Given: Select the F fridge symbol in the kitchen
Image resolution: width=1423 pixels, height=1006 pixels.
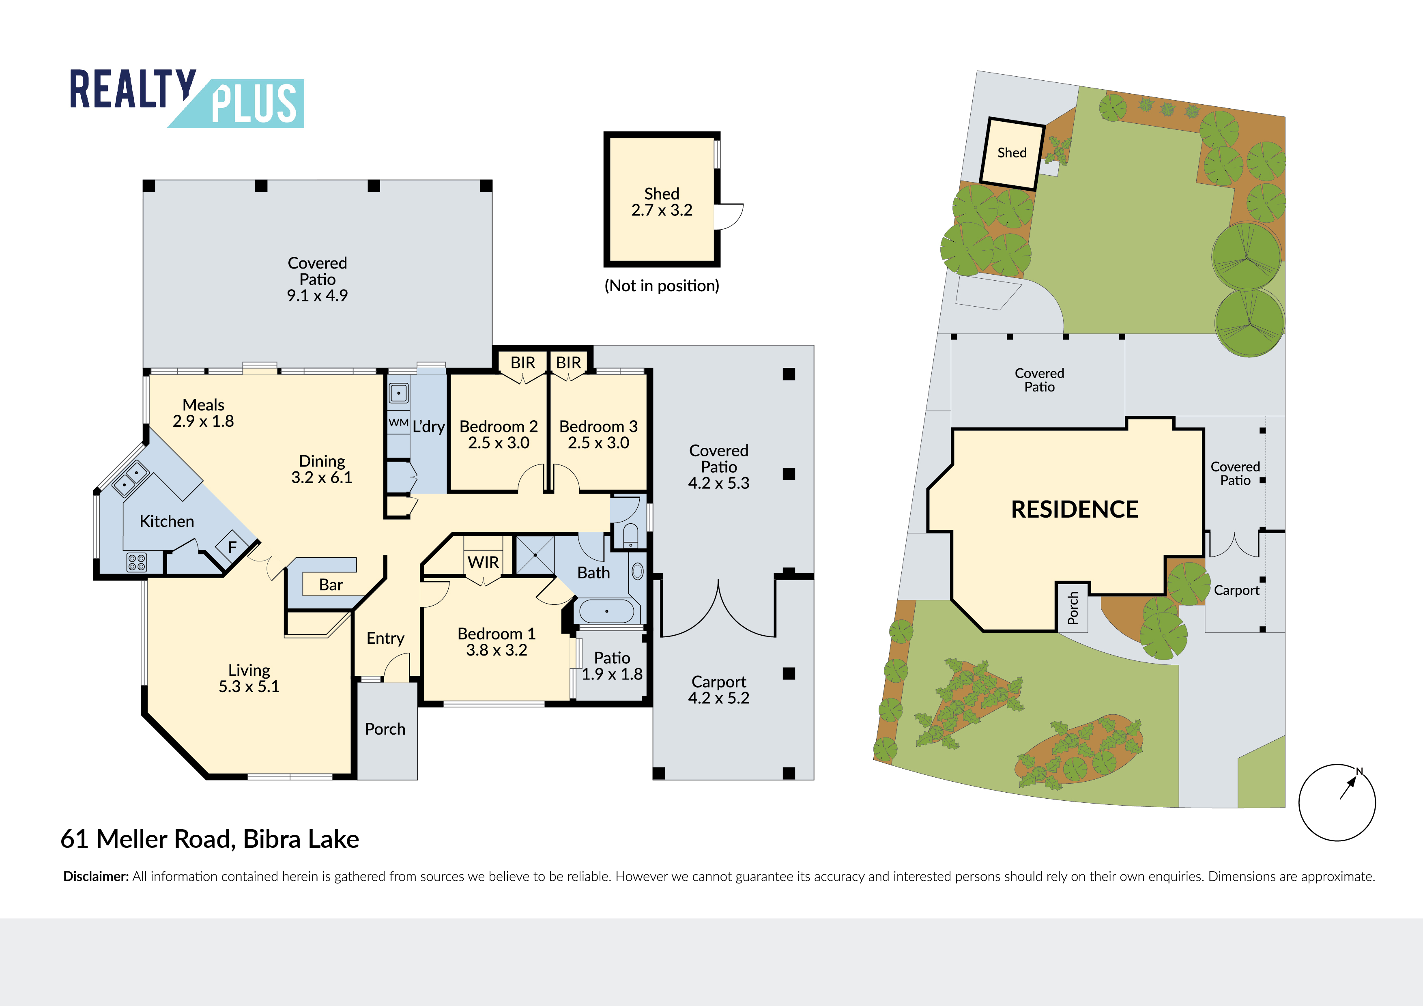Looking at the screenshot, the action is pos(232,547).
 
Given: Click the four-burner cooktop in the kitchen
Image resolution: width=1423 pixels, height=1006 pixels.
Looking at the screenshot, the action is pos(136,562).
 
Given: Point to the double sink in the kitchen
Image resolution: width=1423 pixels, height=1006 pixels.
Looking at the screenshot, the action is pos(131,479).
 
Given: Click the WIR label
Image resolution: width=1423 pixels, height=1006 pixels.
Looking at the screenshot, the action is pos(484,562).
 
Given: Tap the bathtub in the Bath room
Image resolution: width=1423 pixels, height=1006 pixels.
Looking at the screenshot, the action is pos(606,611).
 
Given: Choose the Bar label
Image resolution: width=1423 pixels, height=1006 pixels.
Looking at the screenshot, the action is pos(331,585).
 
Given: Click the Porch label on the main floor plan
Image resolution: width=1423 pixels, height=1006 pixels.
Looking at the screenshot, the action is pos(385,729).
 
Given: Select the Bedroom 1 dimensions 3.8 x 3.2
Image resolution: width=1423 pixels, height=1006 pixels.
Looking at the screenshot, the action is pos(497,650).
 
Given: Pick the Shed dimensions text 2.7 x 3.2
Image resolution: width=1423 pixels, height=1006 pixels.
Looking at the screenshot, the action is pos(662,210).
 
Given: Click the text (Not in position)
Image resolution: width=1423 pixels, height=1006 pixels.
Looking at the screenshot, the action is pos(662,286).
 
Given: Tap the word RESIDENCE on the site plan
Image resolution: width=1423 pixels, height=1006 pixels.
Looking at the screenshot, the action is pos(1075,509).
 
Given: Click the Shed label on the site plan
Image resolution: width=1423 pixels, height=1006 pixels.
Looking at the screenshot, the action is pos(1012,153).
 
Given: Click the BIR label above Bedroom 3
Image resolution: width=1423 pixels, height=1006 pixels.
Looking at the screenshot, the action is pos(568,363).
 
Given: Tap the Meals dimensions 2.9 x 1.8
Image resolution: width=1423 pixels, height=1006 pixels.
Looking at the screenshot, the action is pos(203,421).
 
